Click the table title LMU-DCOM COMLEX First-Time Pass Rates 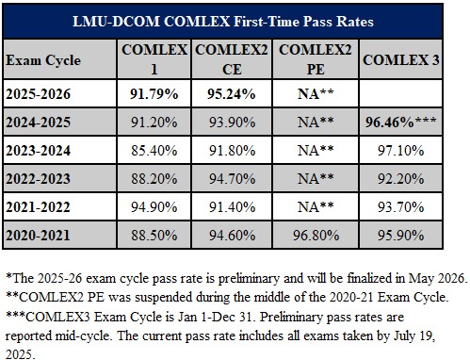pyautogui.click(x=235, y=20)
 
